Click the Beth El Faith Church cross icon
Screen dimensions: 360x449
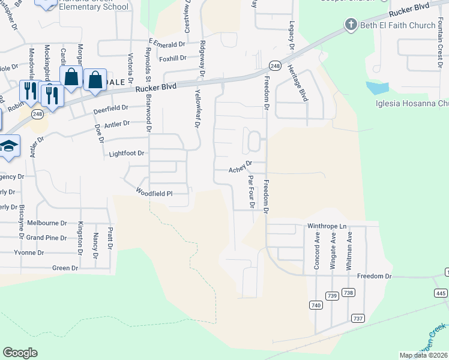351,25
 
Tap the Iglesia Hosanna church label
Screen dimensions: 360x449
412,103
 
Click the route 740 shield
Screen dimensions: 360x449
316,305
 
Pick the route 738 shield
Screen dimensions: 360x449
348,293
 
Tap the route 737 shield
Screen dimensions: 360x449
358,318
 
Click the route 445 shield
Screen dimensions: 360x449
441,293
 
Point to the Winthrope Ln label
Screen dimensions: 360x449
327,226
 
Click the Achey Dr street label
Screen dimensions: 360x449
240,170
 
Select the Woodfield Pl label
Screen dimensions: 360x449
154,193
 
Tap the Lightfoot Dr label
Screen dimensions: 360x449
127,154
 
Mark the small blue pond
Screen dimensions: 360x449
376,88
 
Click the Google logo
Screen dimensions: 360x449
20,353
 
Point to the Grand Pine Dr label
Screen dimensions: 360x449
46,238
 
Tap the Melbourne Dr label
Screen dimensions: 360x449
47,223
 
